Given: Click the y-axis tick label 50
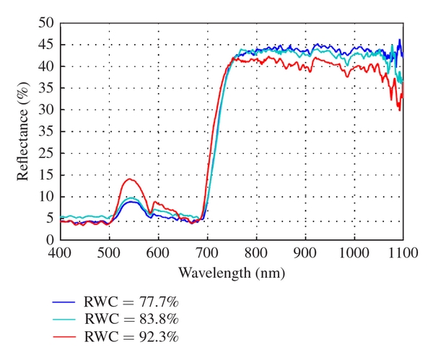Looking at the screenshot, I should pos(47,23).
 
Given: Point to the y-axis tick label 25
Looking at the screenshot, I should pos(47,131).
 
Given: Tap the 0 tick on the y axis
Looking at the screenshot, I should pos(51,240).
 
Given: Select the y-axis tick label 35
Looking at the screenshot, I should pos(47,88).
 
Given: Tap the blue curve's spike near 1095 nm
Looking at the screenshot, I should pos(399,40).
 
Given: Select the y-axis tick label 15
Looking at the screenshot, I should pos(47,175).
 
